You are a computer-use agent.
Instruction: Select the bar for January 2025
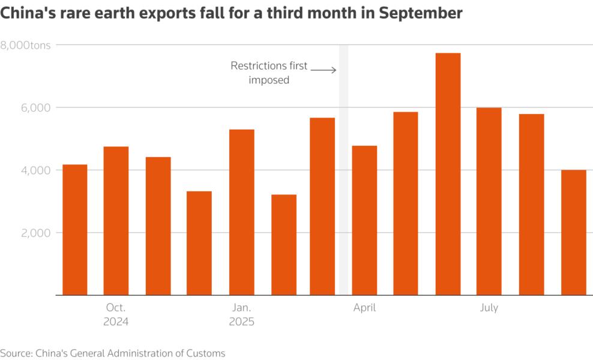pyautogui.click(x=241, y=212)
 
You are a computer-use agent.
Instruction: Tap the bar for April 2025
pyautogui.click(x=364, y=220)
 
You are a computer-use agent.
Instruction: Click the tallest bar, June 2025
pyautogui.click(x=448, y=174)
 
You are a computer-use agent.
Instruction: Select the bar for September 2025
pyautogui.click(x=573, y=233)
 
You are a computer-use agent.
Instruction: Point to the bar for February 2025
pyautogui.click(x=283, y=245)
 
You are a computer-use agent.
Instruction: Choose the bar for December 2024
pyautogui.click(x=199, y=243)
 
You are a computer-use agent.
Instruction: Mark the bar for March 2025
pyautogui.click(x=322, y=206)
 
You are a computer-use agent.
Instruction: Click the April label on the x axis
pyautogui.click(x=364, y=308)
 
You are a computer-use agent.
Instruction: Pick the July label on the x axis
pyautogui.click(x=489, y=308)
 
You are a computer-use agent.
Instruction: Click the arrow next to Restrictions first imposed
pyautogui.click(x=324, y=70)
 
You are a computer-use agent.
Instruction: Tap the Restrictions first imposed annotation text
pyautogui.click(x=269, y=72)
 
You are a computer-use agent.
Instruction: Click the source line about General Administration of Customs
pyautogui.click(x=113, y=353)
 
